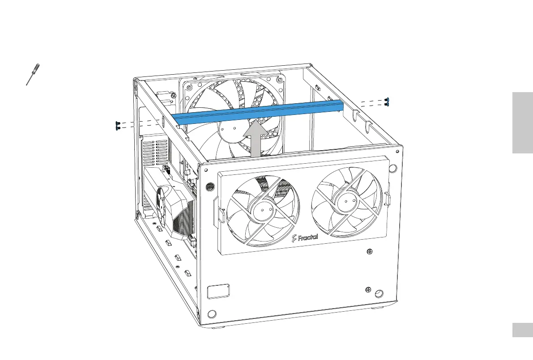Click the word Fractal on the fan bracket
coord(305,237)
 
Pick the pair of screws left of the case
coord(117,126)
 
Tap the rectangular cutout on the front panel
coord(218,291)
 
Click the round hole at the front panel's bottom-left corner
coord(213,313)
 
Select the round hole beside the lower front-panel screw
coord(379,293)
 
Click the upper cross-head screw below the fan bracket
coord(369,253)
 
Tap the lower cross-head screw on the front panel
coord(368,289)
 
